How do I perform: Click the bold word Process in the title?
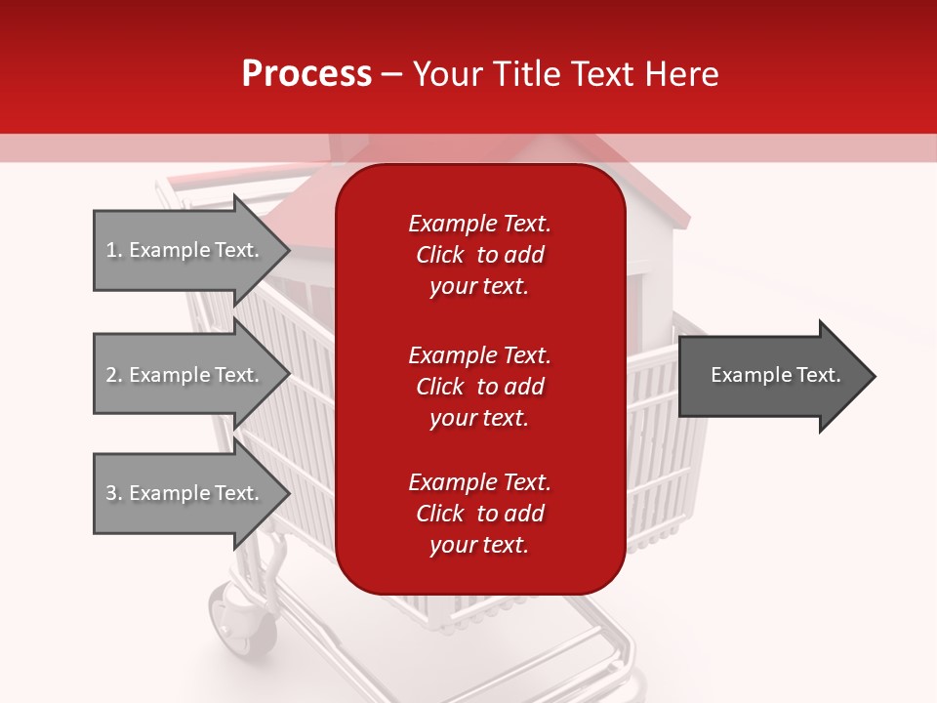[306, 74]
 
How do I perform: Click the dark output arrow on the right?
[771, 376]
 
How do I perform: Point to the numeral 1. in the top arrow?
[113, 250]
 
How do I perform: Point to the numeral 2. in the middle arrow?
[113, 375]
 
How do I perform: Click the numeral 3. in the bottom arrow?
[113, 493]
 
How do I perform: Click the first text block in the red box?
[479, 255]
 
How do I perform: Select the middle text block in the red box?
[479, 387]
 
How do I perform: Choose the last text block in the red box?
[479, 514]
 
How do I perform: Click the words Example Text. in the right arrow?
[776, 375]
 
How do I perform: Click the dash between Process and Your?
[392, 74]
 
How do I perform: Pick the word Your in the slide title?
[448, 74]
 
